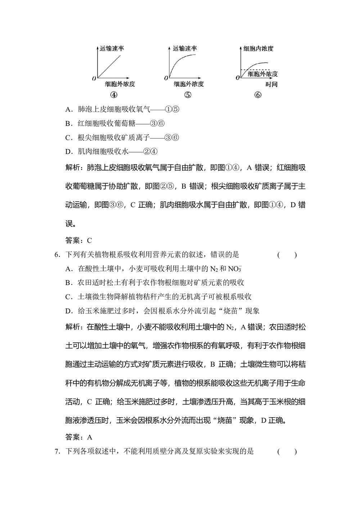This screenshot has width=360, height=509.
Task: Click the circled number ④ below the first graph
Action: click(114, 95)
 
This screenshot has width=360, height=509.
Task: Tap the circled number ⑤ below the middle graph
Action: click(188, 95)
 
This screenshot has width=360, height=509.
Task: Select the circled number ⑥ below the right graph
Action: click(258, 95)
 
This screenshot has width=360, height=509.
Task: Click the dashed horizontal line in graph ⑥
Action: click(252, 70)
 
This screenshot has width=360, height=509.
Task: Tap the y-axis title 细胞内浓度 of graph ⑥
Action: click(258, 48)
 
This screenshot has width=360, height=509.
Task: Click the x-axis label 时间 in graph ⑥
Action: click(271, 85)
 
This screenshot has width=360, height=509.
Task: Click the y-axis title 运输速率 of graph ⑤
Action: click(185, 48)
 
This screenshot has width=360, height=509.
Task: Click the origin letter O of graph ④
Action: click(94, 78)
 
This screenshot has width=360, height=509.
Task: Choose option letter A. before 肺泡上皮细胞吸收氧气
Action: click(69, 109)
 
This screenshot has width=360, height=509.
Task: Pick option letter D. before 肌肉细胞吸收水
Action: click(69, 152)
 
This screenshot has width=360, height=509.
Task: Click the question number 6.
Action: click(57, 255)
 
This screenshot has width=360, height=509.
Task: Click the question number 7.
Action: click(57, 451)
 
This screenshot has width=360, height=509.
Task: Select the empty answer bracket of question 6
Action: click(287, 255)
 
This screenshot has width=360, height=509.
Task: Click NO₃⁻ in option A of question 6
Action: click(235, 269)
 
